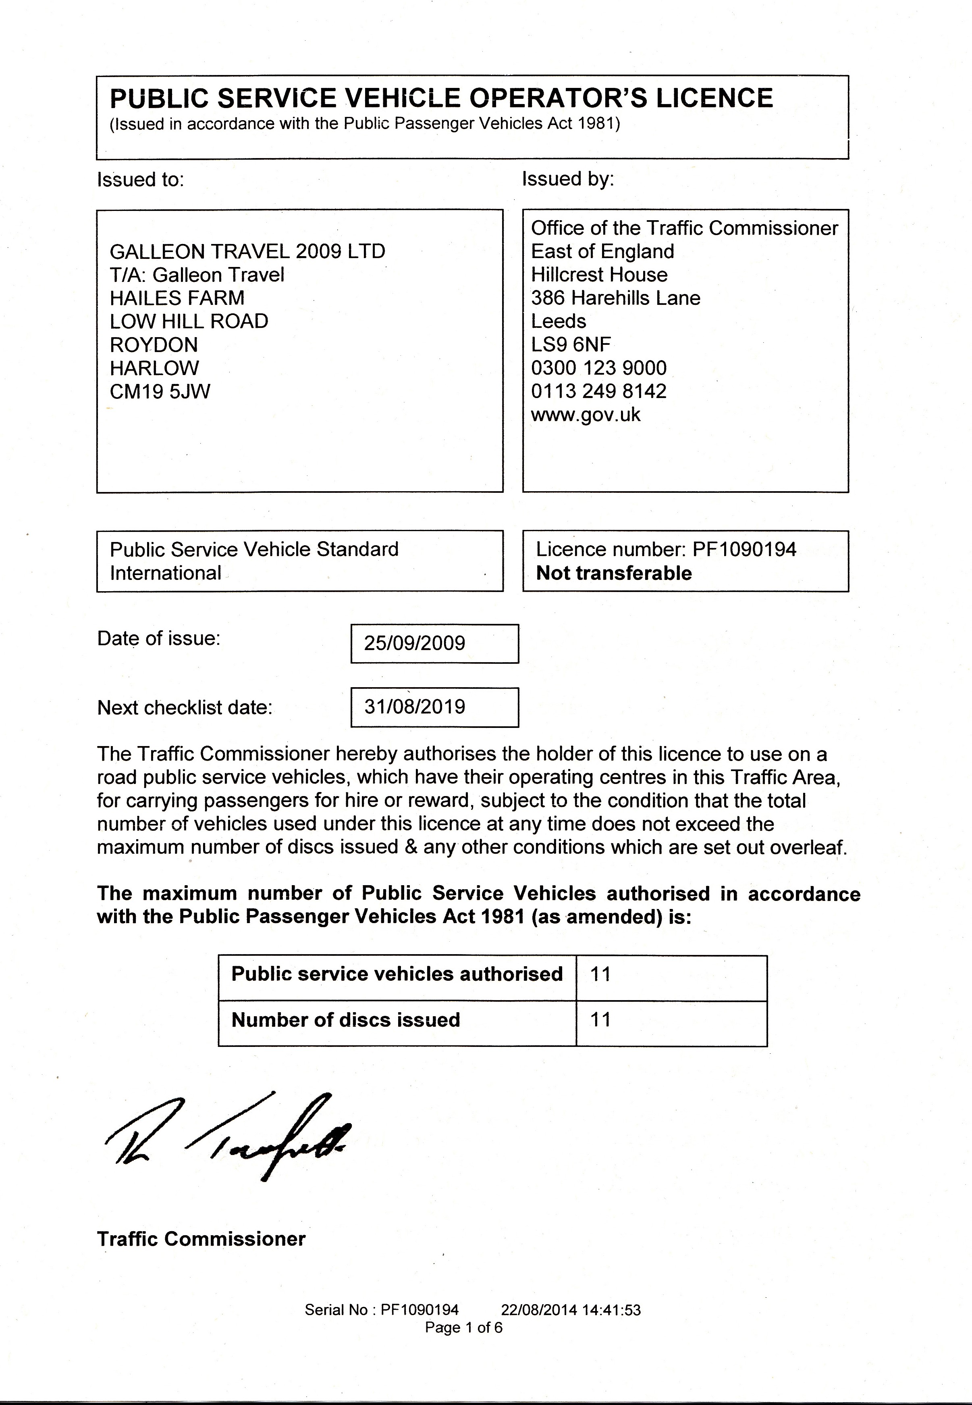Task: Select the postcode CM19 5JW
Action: pos(160,391)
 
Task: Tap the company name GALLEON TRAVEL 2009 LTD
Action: pos(247,251)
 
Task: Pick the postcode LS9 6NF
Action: pos(571,345)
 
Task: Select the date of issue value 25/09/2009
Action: pos(414,643)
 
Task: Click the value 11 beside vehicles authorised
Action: pos(600,973)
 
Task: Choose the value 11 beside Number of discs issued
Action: pos(600,1019)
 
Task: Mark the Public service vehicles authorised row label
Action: pos(397,973)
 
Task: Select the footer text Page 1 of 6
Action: pos(463,1328)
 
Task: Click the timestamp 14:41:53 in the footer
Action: pos(611,1310)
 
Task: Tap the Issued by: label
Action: pos(568,179)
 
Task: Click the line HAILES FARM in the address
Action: pos(177,298)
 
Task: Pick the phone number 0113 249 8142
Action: pos(599,391)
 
